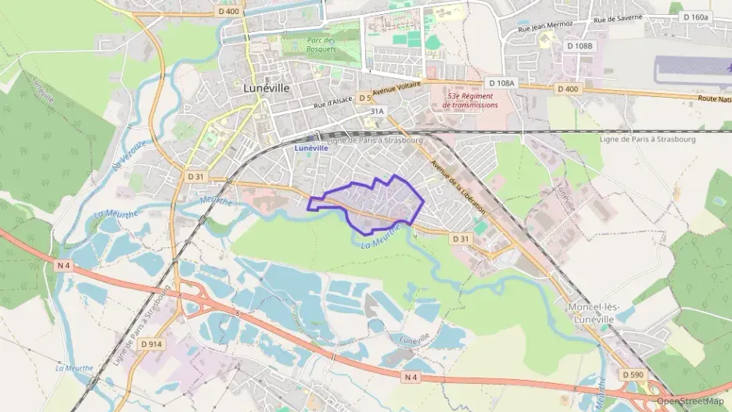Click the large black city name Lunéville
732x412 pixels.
coord(266,88)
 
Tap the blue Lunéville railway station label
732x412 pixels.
coord(311,147)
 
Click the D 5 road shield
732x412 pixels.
coord(364,98)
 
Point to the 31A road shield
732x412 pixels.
coord(377,112)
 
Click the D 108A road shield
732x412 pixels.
coord(501,83)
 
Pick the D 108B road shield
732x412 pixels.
coord(579,46)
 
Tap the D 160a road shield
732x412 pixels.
coord(695,16)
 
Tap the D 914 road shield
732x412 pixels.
coord(151,343)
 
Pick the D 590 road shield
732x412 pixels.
coord(634,375)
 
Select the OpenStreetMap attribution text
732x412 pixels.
coord(691,401)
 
